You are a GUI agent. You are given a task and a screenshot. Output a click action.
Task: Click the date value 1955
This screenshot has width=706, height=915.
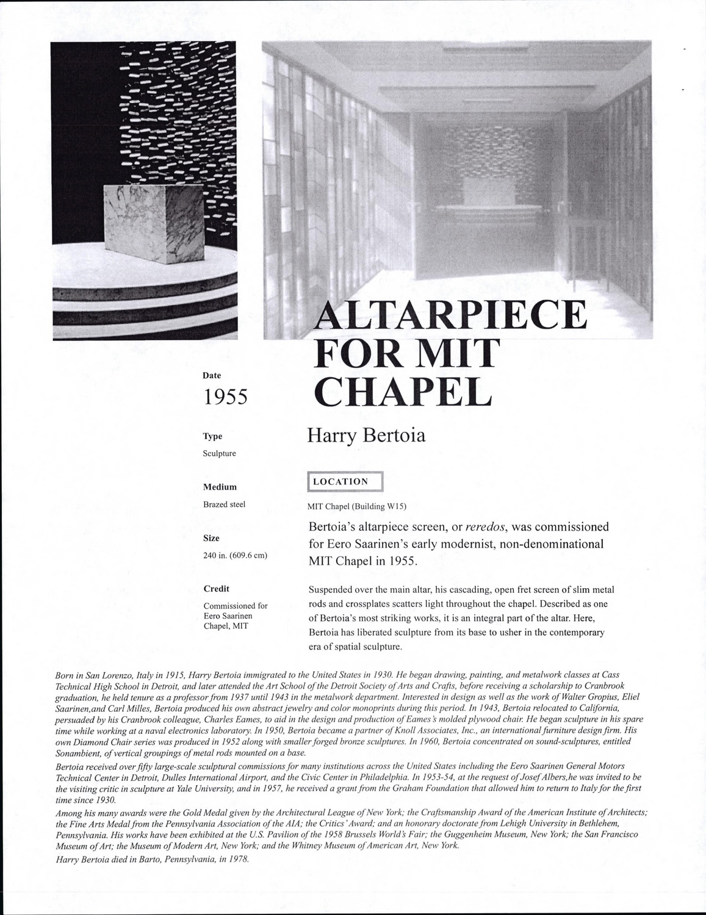click(x=225, y=396)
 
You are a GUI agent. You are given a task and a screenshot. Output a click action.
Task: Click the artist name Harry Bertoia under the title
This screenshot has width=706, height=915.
click(x=366, y=436)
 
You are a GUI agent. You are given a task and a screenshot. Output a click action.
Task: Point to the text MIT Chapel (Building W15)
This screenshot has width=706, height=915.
click(x=356, y=506)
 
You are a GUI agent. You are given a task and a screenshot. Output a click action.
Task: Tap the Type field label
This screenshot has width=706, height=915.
click(x=212, y=436)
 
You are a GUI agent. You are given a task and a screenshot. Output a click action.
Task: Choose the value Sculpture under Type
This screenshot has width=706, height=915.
click(x=219, y=454)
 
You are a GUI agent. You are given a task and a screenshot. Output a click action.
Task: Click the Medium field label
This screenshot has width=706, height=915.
click(x=220, y=487)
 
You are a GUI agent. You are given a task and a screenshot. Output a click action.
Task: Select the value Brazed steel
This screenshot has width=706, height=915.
click(x=224, y=504)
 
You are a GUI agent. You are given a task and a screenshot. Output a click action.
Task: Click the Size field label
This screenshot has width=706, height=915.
click(x=211, y=538)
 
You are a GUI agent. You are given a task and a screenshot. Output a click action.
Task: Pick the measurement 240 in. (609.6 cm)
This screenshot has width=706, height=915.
click(x=235, y=556)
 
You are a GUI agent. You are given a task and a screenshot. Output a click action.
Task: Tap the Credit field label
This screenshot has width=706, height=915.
click(x=216, y=589)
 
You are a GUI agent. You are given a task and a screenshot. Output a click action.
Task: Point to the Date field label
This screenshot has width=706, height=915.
click(x=212, y=376)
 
